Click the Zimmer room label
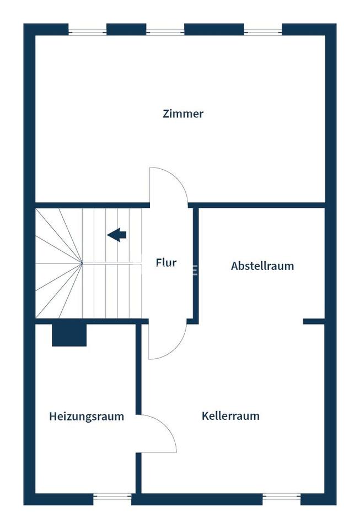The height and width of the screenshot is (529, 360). pyautogui.click(x=183, y=114)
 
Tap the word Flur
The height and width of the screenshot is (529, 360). pyautogui.click(x=166, y=262)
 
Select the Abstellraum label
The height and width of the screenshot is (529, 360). pyautogui.click(x=262, y=266)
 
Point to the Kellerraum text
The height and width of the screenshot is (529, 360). pyautogui.click(x=230, y=416)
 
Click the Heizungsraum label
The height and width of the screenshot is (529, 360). pyautogui.click(x=87, y=417)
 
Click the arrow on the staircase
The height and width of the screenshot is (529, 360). pyautogui.click(x=117, y=235)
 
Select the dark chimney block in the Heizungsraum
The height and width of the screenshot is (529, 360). pyautogui.click(x=69, y=335)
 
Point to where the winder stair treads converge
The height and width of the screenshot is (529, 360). pyautogui.click(x=82, y=263)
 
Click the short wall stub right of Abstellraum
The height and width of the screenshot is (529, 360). pyautogui.click(x=314, y=321)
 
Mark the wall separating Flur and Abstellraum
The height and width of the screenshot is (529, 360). pyautogui.click(x=196, y=263)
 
